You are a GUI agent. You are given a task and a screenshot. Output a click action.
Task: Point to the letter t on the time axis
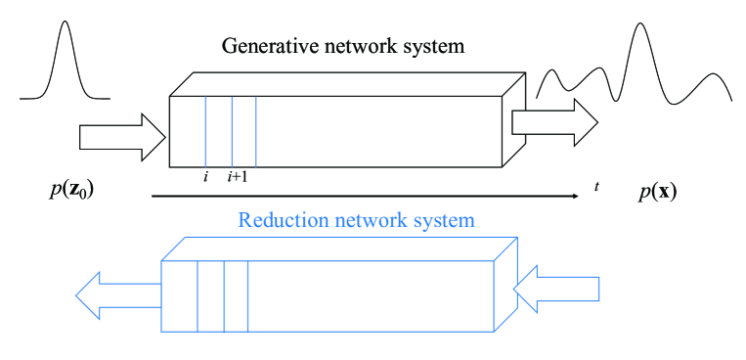(596, 185)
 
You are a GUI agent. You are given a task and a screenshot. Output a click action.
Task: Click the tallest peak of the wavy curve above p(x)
(640, 23)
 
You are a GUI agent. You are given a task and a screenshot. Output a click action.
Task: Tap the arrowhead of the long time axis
(574, 198)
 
